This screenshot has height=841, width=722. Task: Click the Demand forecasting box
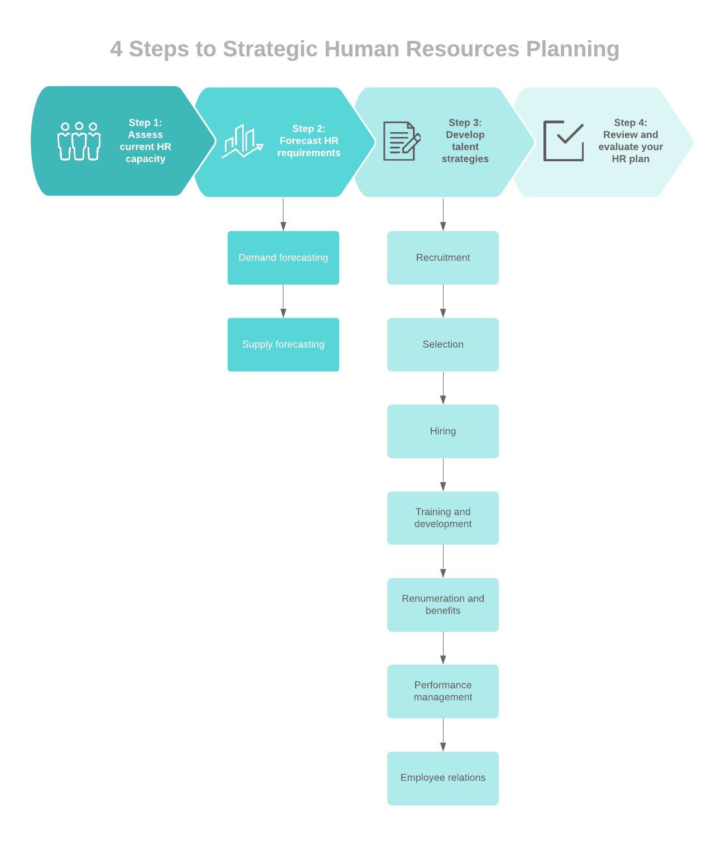(283, 258)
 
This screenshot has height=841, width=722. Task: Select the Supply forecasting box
(283, 344)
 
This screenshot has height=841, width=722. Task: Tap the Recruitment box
(443, 258)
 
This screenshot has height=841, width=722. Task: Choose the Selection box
(443, 344)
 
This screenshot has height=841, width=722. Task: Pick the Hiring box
(443, 431)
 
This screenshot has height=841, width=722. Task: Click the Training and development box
(443, 518)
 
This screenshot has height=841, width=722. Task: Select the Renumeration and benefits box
(443, 605)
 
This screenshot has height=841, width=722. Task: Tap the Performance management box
(443, 691)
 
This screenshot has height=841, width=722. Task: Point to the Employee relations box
(443, 778)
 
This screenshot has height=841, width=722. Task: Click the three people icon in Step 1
(79, 141)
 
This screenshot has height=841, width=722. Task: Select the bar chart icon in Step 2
(242, 142)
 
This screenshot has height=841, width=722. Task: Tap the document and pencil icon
(401, 141)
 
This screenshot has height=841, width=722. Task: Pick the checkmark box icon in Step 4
(564, 141)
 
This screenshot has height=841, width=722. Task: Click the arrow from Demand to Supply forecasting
(283, 301)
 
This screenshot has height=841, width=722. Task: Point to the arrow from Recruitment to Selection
(443, 301)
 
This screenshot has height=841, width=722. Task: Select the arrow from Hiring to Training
(443, 475)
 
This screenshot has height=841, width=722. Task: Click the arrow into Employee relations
(443, 735)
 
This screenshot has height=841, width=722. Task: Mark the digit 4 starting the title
(116, 49)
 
